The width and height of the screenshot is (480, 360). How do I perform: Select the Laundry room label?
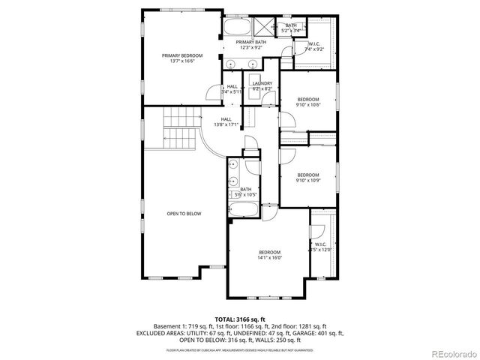(262, 85)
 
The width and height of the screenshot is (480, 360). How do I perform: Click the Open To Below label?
(184, 214)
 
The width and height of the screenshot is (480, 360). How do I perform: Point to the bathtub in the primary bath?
(238, 29)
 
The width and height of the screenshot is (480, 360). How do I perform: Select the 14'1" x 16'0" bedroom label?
(270, 254)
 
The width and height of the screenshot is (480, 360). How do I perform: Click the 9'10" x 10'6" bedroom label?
(307, 102)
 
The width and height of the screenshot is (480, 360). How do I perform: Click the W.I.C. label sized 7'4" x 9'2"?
(313, 47)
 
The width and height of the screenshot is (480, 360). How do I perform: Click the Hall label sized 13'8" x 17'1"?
(226, 121)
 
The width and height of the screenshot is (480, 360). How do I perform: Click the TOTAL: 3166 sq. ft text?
(239, 319)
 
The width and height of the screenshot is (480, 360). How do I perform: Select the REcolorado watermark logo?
(454, 354)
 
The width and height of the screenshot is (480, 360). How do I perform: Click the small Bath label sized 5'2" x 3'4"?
(292, 28)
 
